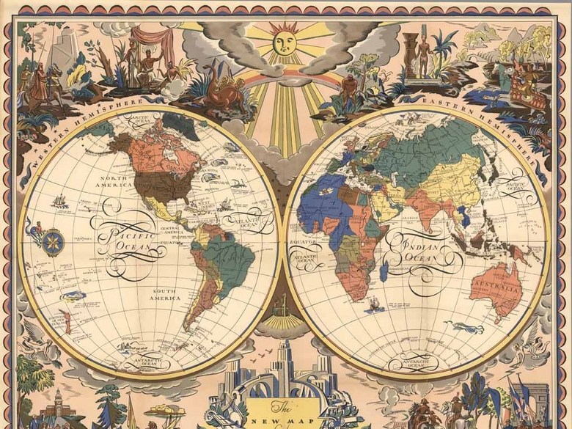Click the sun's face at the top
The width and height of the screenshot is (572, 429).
(285, 42)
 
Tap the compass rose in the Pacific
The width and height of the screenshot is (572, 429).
(53, 240)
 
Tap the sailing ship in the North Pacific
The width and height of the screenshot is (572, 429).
(60, 201)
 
